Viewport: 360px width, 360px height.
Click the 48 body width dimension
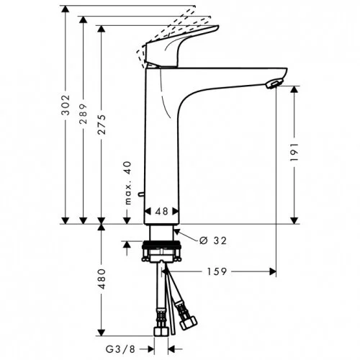161,212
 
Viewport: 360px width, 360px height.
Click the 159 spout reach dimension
220,272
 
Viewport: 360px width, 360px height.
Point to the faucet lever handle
184,48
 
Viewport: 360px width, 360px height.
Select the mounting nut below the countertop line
161,253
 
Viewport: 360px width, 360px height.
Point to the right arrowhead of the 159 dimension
273,272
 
